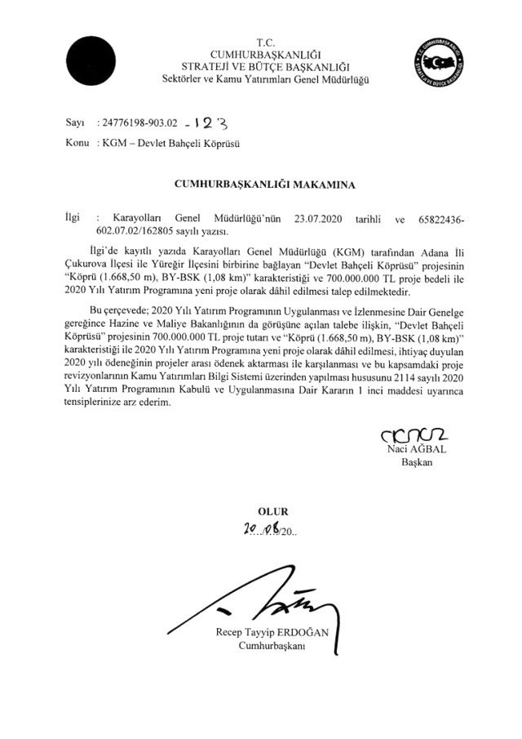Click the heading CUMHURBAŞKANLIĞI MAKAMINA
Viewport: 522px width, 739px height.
pyautogui.click(x=265, y=185)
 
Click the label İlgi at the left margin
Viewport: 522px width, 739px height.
pyautogui.click(x=73, y=220)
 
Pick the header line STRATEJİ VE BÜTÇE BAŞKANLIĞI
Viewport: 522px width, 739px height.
pyautogui.click(x=265, y=65)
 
